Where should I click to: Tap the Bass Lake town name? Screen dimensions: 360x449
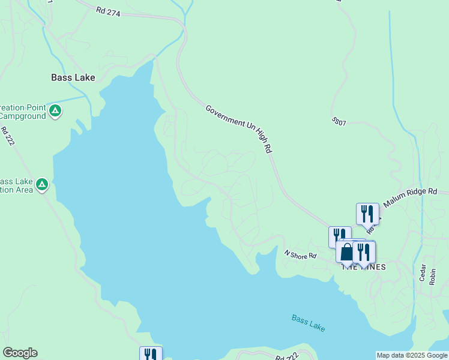coord(73,77)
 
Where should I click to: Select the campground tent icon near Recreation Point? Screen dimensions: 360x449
coord(55,110)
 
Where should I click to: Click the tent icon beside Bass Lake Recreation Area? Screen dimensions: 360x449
coord(41,184)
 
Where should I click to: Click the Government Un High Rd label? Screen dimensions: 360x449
coord(239,128)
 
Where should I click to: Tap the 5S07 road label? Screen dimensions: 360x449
coord(339,121)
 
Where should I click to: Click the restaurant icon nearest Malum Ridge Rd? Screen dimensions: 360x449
coord(367,213)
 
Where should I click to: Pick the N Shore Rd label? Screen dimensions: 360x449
coord(300,255)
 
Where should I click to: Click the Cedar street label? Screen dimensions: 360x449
coord(423,273)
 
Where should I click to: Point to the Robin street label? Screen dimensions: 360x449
coord(433,275)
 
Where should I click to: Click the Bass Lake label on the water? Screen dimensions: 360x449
coord(308,323)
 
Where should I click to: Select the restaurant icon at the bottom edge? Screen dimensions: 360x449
coord(151,355)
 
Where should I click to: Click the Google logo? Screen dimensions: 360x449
coord(20,353)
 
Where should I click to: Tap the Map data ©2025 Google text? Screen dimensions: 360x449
coord(412,355)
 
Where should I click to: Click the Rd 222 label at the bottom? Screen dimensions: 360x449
coord(288,357)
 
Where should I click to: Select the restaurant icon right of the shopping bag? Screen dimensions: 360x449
coord(363,251)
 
